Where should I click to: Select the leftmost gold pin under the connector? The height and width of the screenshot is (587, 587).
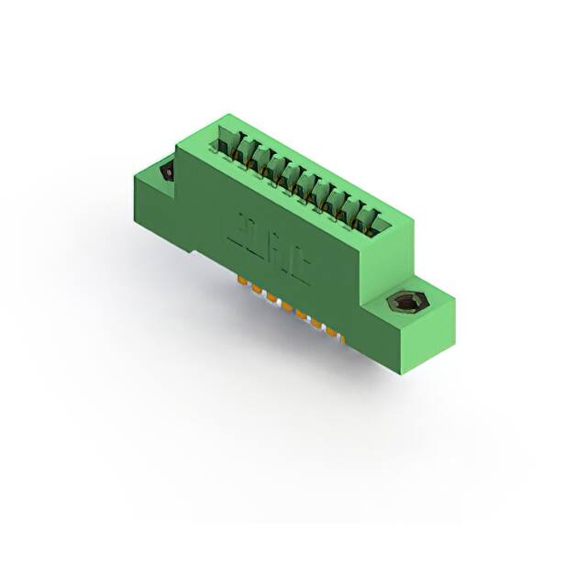click(243, 281)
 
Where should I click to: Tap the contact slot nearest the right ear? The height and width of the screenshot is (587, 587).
click(372, 218)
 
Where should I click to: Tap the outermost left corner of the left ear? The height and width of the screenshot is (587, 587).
click(132, 173)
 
